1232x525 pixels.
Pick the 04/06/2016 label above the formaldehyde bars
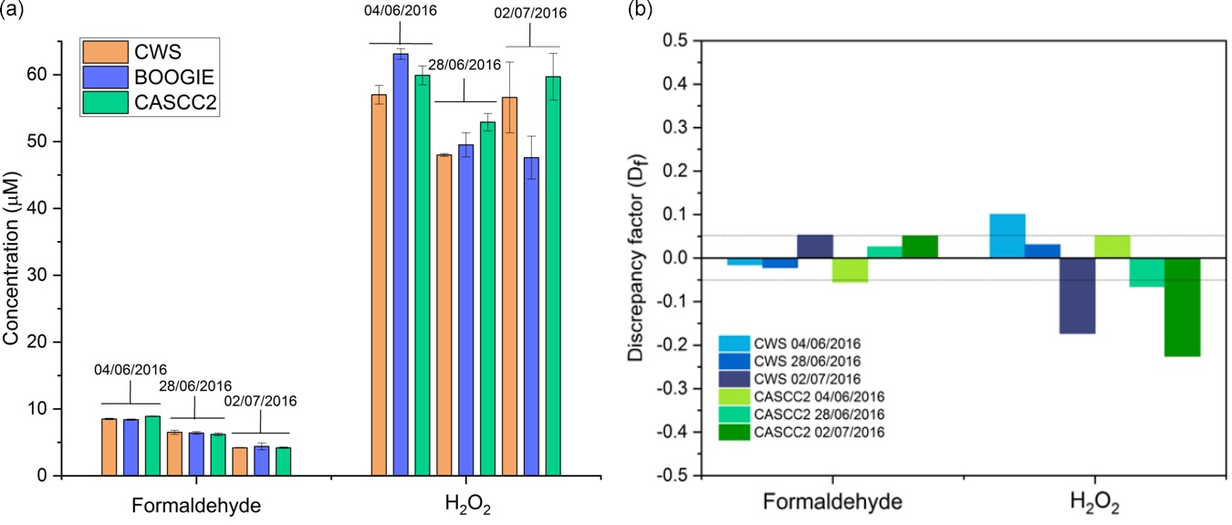[x=131, y=370]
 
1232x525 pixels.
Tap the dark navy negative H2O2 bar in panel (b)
[x=1077, y=296]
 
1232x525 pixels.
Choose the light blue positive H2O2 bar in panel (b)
[x=1008, y=236]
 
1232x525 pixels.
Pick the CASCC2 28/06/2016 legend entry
[x=818, y=414]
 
